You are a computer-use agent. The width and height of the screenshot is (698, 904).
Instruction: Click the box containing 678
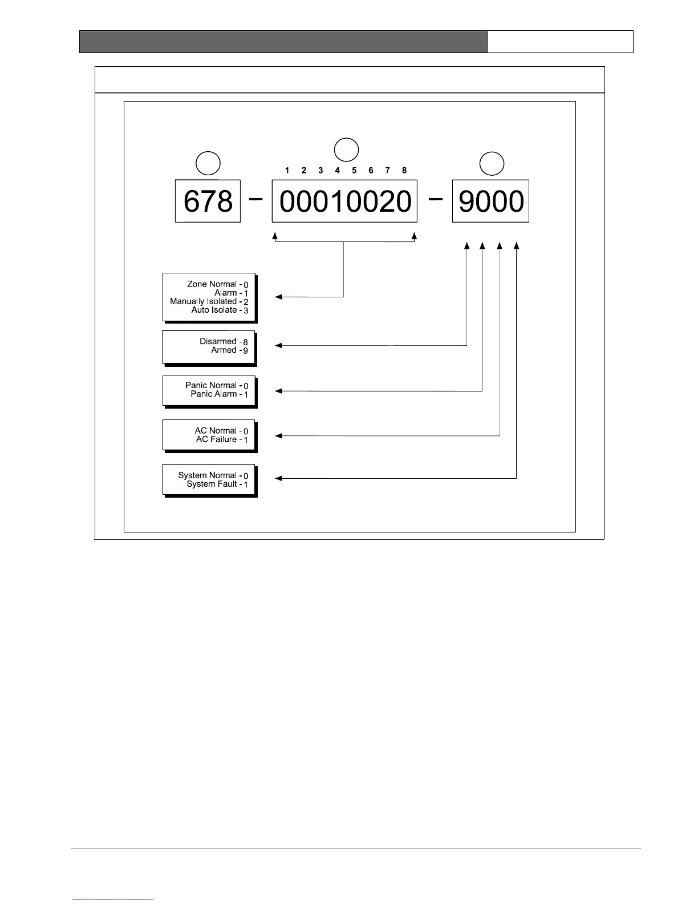point(208,201)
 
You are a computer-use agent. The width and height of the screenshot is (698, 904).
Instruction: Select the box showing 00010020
point(344,201)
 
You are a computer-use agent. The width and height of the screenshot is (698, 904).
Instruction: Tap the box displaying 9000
point(490,201)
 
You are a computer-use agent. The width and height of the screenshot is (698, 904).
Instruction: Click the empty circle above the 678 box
point(208,163)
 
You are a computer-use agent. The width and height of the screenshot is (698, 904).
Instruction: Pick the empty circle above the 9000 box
point(492,163)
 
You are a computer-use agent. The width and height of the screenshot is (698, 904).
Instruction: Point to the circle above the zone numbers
point(346,150)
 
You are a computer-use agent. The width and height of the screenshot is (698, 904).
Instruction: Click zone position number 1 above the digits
point(287,170)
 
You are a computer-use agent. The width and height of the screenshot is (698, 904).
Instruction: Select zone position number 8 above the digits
point(404,170)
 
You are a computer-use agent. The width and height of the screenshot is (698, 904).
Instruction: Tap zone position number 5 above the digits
point(354,170)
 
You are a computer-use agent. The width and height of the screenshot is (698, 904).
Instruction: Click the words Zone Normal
point(212,284)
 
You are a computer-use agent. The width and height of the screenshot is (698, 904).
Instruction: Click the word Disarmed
point(218,341)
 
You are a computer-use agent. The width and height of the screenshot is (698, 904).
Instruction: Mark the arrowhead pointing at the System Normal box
point(279,478)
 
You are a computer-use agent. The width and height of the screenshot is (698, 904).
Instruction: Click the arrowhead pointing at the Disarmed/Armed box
point(279,345)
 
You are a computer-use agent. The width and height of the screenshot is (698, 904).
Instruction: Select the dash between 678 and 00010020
point(256,199)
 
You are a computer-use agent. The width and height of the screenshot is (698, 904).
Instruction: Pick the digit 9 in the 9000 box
point(467,201)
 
